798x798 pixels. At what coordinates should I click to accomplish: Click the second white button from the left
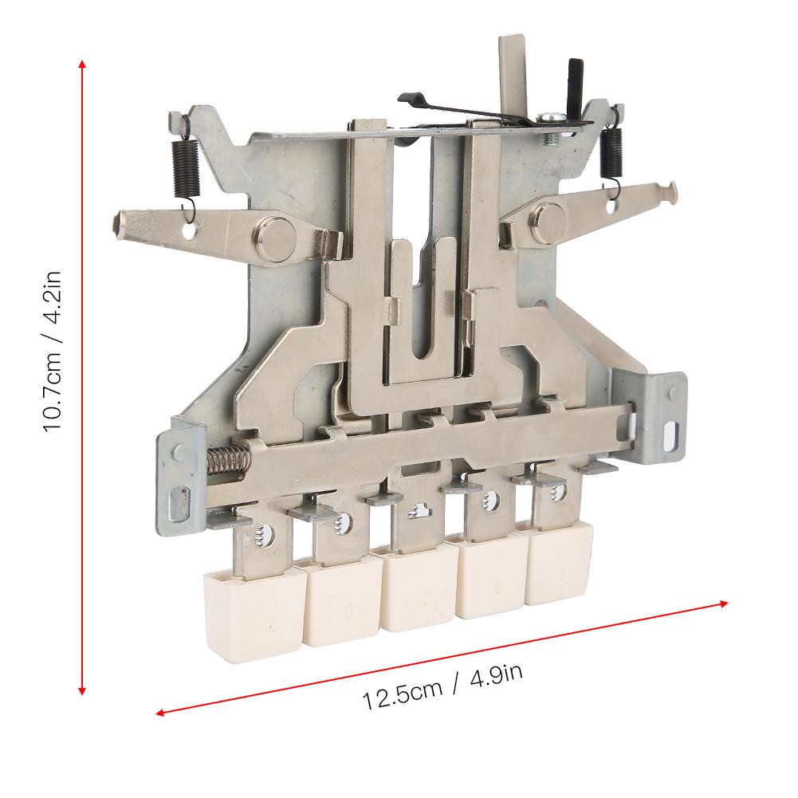tap(336, 603)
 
